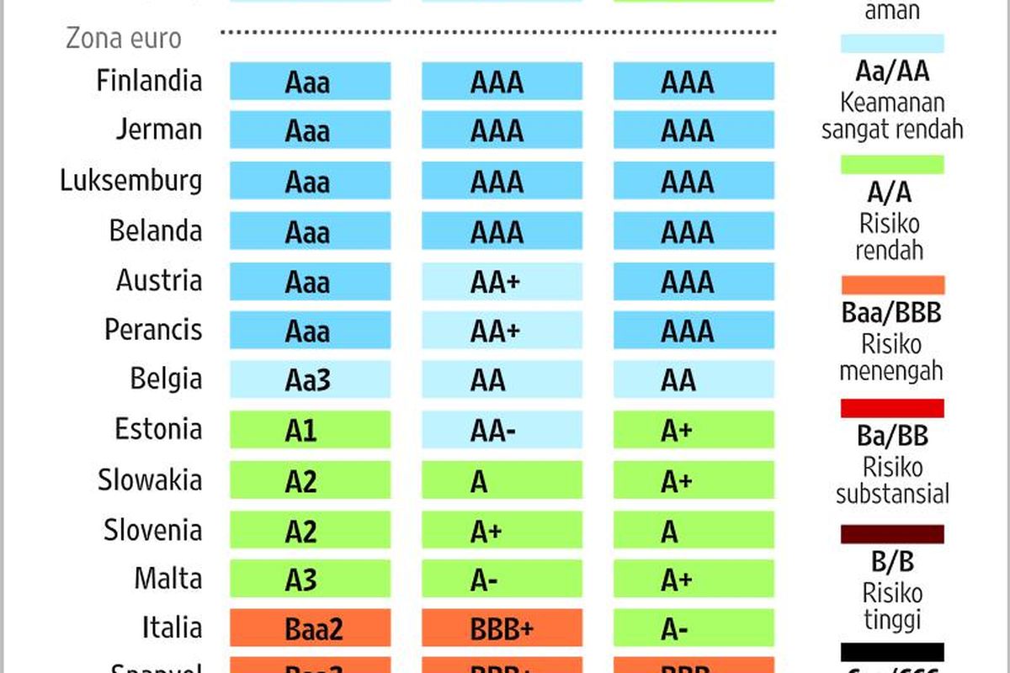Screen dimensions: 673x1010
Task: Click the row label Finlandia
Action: click(x=149, y=81)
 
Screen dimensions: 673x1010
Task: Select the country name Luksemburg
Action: click(x=131, y=181)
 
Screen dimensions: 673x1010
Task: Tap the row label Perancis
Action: click(x=153, y=330)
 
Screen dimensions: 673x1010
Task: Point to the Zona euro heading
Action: click(x=123, y=38)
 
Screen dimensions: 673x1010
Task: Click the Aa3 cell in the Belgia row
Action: click(x=311, y=380)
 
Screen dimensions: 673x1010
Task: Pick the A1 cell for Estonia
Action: click(x=311, y=430)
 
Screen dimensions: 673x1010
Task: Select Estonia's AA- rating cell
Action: click(x=502, y=430)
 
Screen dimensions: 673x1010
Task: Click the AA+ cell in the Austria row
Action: click(x=502, y=282)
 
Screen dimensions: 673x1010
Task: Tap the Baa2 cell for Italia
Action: click(x=311, y=629)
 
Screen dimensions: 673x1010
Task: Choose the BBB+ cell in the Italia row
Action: click(x=502, y=629)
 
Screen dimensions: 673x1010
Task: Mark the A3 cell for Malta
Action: click(x=311, y=580)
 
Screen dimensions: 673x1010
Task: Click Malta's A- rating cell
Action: click(x=502, y=580)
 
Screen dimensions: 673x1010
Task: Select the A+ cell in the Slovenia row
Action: click(x=502, y=531)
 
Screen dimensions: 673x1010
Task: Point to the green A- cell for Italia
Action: click(x=693, y=629)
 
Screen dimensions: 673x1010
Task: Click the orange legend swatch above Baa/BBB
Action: click(x=892, y=285)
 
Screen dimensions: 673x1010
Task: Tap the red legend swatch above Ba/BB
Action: click(x=892, y=409)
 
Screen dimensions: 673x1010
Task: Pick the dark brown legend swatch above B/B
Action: click(x=892, y=534)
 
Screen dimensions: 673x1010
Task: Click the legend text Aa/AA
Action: click(x=892, y=71)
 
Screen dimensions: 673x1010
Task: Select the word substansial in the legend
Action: click(x=892, y=493)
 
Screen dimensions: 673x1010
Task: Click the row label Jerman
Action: click(x=160, y=130)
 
